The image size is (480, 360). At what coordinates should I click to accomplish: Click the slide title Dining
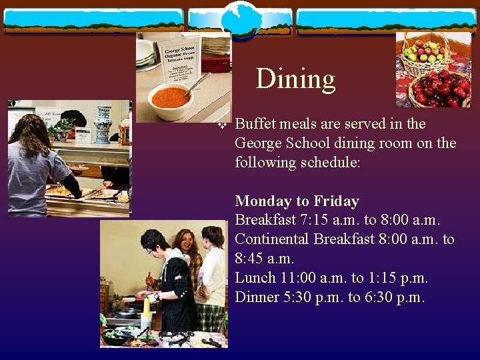tap(295, 79)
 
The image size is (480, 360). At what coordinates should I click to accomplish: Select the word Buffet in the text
tap(255, 124)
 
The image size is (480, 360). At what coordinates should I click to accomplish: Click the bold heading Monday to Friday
tap(297, 201)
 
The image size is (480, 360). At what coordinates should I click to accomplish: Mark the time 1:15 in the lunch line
tap(386, 278)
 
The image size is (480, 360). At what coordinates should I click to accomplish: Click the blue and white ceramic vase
tap(102, 124)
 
